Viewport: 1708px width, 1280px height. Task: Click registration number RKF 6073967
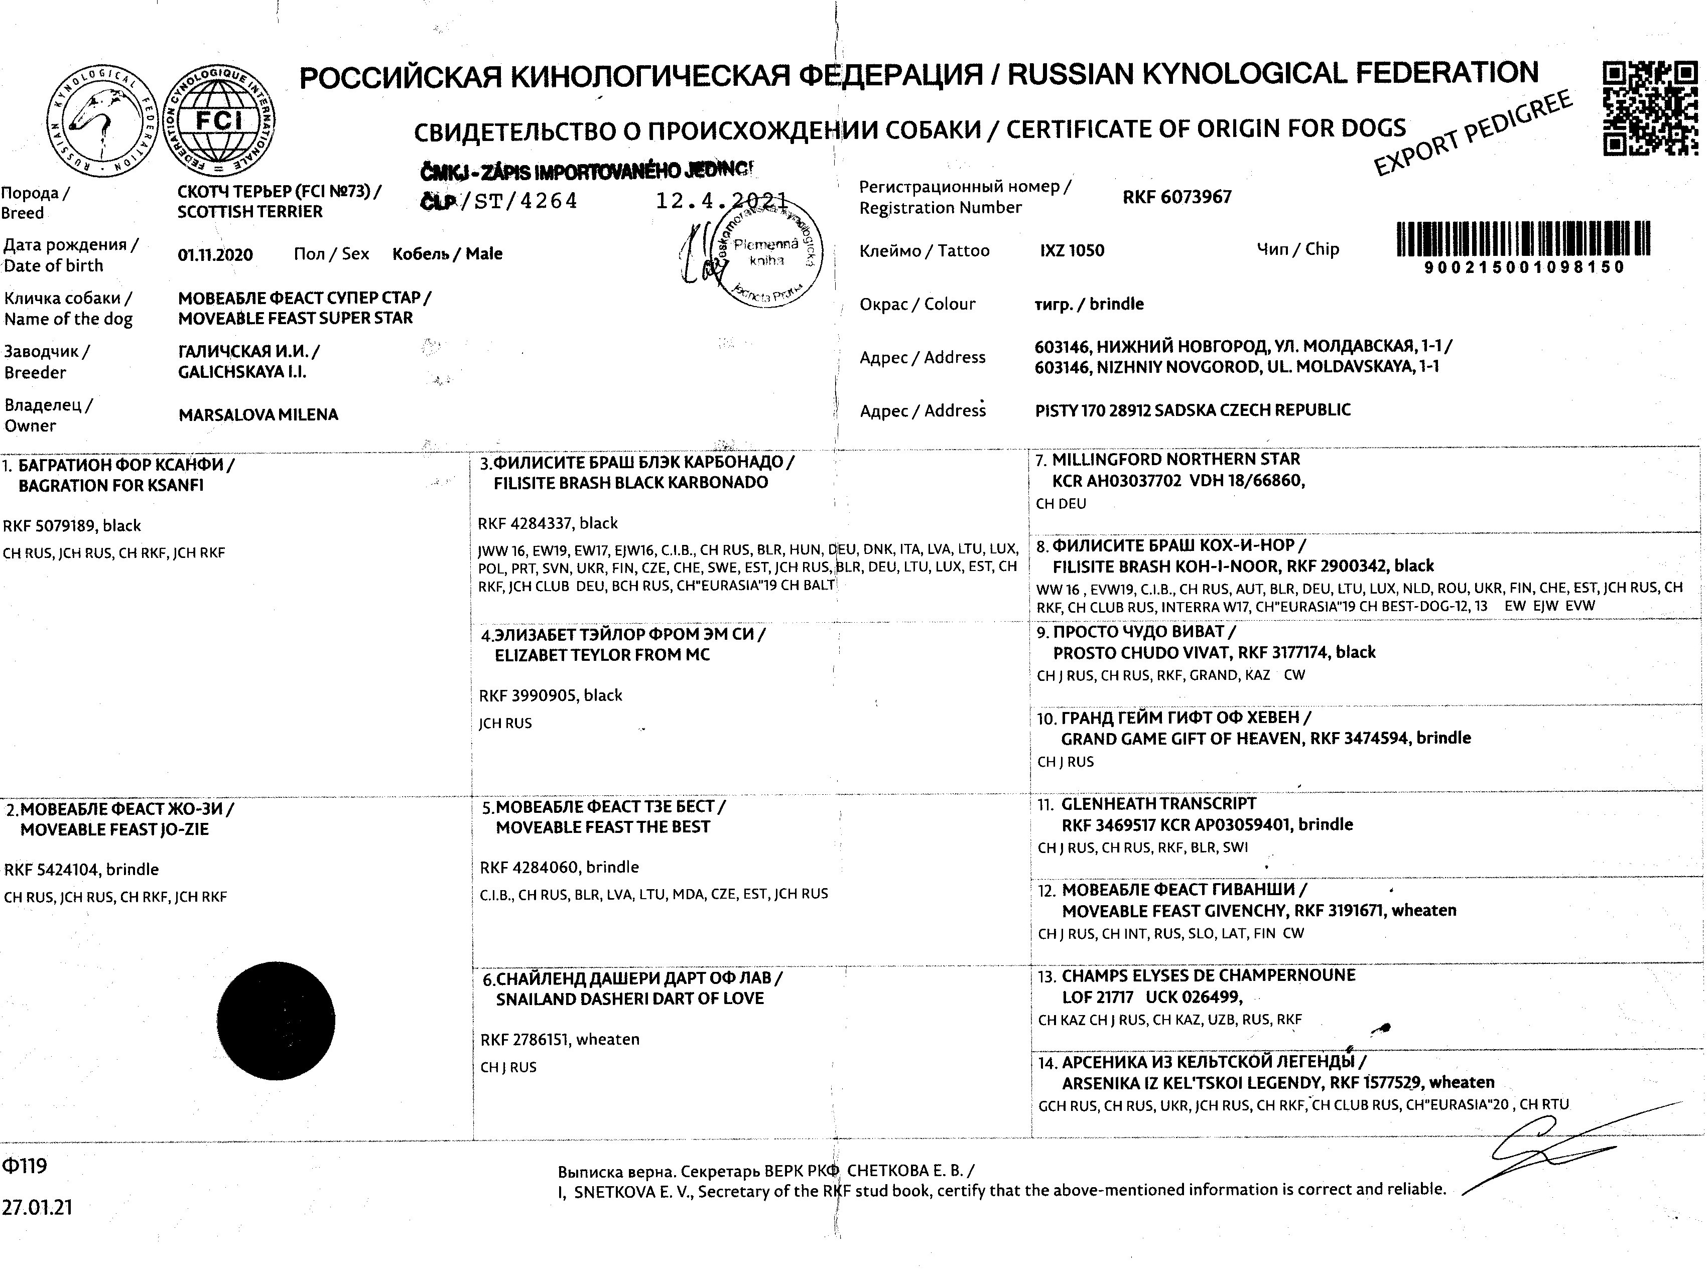pos(1177,197)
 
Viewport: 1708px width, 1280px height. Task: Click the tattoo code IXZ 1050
pos(1072,250)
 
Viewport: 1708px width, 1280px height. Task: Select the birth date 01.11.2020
pos(215,255)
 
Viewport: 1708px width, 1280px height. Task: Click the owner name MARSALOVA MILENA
pos(258,414)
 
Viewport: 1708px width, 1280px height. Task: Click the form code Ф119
pos(25,1165)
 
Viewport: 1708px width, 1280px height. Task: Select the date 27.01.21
pos(37,1207)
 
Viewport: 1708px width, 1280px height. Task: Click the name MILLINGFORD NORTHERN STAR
pos(1175,459)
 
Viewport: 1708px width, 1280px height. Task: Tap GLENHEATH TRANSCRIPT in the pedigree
pos(1158,804)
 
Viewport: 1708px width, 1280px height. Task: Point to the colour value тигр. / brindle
pos(1089,304)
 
